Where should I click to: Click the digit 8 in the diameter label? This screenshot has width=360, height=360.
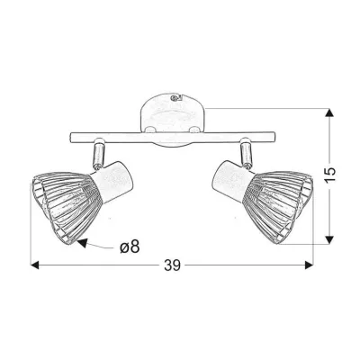[x=135, y=246]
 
